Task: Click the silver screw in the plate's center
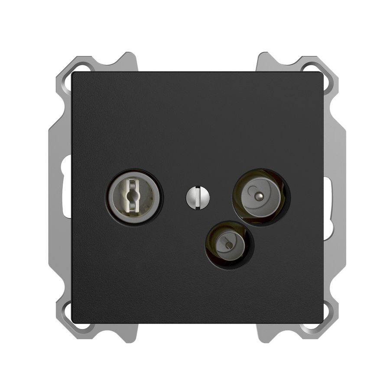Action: (198, 198)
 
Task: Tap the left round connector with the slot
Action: (133, 197)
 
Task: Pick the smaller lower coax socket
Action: (228, 245)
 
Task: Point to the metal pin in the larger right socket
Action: (259, 196)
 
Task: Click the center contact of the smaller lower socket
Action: (228, 246)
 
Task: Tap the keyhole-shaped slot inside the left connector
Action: (133, 197)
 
